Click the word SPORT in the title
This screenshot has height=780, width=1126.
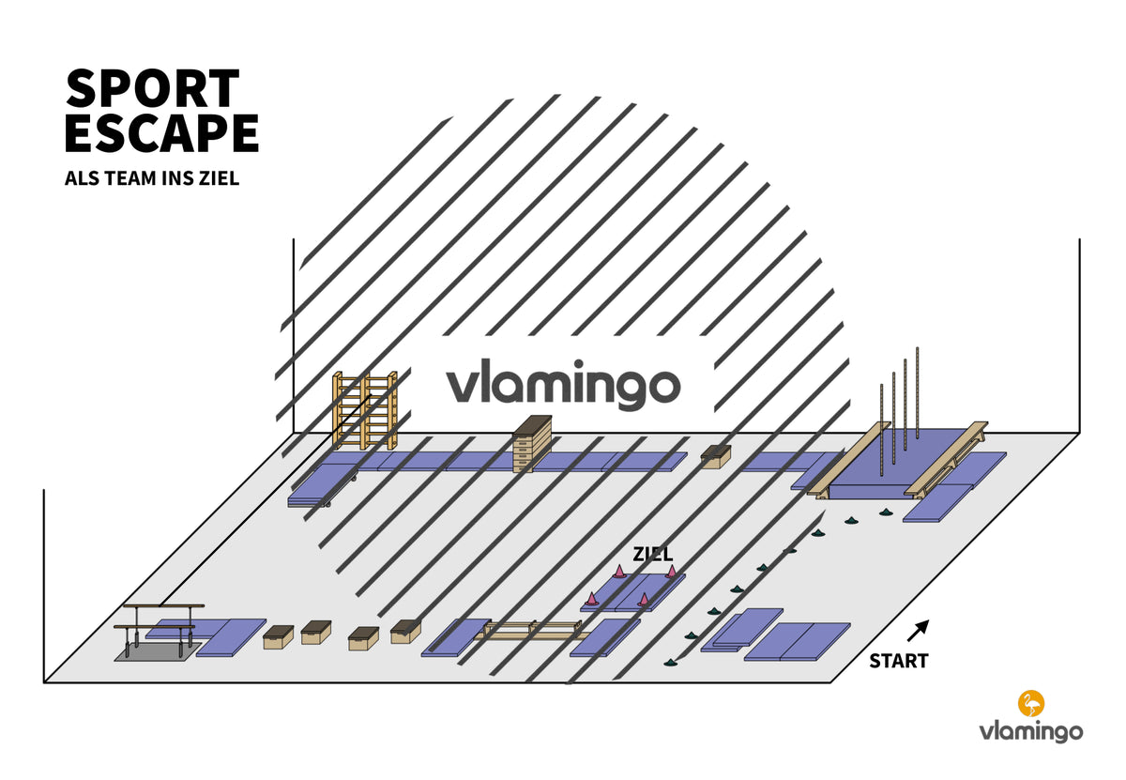[x=152, y=88]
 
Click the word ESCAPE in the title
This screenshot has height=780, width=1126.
[x=161, y=132]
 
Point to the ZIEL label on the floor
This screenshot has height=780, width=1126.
[x=652, y=554]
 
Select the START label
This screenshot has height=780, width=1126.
[x=899, y=661]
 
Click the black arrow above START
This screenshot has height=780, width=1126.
[x=918, y=631]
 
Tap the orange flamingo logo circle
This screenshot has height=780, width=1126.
[x=1031, y=703]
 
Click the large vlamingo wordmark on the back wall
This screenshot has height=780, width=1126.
[x=563, y=384]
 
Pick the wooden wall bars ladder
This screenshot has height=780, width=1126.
[x=365, y=410]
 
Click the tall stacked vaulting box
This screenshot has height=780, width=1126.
[x=532, y=444]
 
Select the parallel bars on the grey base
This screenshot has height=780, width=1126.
[x=159, y=631]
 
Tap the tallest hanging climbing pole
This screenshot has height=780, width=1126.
[x=918, y=392]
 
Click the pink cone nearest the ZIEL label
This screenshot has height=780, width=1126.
[x=618, y=572]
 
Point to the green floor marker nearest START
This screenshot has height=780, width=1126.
[x=670, y=663]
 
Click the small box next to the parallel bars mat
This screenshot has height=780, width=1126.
[x=278, y=637]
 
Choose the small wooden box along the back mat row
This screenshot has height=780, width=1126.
[x=715, y=456]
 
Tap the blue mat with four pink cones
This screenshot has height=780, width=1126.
[x=632, y=592]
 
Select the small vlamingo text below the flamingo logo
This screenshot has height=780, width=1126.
[x=1031, y=732]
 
